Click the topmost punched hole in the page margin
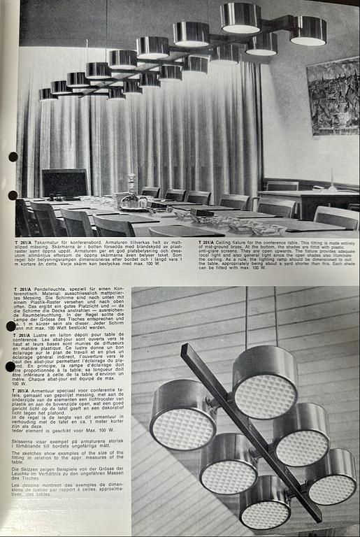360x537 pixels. coord(13,157)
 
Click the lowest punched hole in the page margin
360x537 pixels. coord(11,366)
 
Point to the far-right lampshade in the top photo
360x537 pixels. coord(308,31)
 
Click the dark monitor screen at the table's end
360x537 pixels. coord(65,183)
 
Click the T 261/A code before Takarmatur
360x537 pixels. coord(24,242)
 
